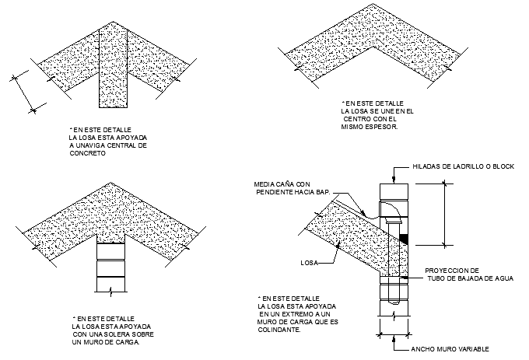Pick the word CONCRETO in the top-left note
[87, 153]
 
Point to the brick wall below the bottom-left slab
[110, 268]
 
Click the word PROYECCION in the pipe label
[447, 271]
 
